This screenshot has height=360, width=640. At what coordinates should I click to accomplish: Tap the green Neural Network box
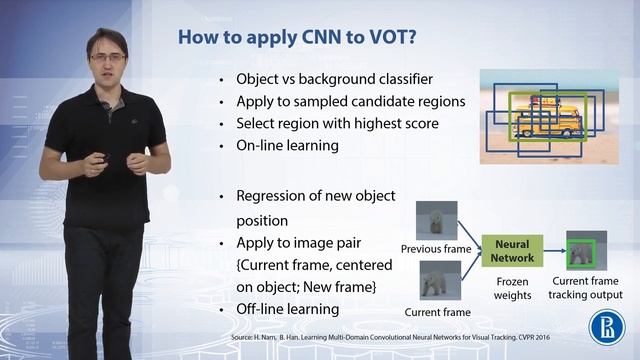pos(511,250)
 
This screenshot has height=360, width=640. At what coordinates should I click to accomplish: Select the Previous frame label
pos(437,248)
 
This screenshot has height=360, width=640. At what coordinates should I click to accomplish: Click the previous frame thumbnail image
pos(437,220)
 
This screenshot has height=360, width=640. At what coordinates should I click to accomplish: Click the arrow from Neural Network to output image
pos(552,250)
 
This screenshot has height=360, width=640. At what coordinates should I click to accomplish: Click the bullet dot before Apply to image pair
pos(221,243)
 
